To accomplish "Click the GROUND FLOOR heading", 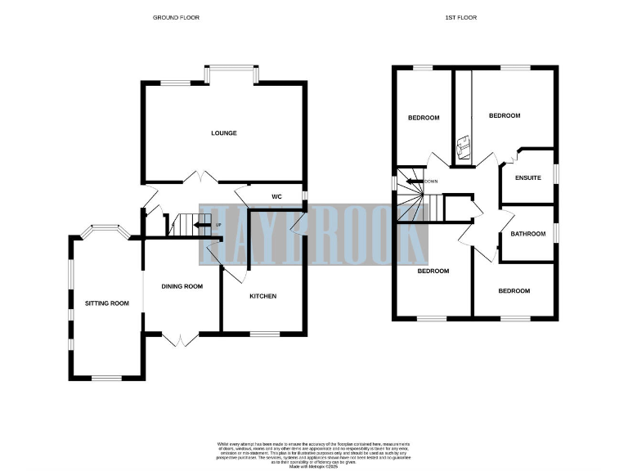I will tap(175, 17).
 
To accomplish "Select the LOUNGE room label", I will tap(223, 133).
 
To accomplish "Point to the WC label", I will tap(276, 196).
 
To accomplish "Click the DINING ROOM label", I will tap(182, 286).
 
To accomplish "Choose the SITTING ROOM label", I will tap(107, 303).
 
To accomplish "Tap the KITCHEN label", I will tap(262, 296).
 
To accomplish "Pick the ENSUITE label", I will tap(527, 177).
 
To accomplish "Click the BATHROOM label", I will tap(527, 235).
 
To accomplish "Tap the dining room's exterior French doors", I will tap(180, 338).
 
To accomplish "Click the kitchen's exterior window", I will tap(262, 334).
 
